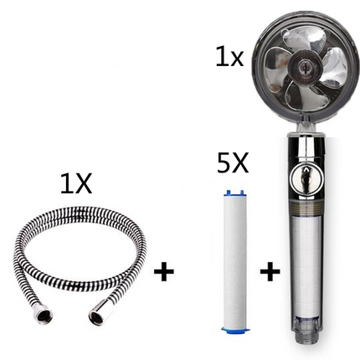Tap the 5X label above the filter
233,163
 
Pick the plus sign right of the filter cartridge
270,271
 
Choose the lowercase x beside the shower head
235,59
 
